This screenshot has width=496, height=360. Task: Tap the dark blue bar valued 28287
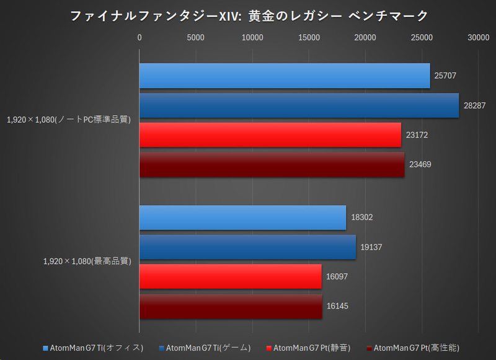[x=298, y=105]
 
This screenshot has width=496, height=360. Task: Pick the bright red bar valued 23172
[x=270, y=135]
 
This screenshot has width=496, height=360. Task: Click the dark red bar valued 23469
[x=271, y=165]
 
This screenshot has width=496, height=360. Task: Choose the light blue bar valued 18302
[x=242, y=217]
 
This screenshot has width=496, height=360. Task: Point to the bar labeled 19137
[x=247, y=247]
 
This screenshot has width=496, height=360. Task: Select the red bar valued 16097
[x=230, y=276]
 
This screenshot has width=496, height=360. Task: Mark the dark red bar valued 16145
[x=230, y=306]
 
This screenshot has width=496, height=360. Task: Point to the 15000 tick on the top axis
[x=308, y=38]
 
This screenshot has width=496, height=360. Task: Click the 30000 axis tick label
[x=478, y=38]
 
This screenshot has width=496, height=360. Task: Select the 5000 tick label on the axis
[x=195, y=38]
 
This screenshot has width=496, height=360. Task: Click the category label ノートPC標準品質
[x=69, y=120]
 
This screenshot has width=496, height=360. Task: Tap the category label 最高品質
[x=87, y=261]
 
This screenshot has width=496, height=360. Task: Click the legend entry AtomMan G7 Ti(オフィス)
[x=93, y=348]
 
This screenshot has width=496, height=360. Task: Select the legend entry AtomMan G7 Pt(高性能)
[x=412, y=348]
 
